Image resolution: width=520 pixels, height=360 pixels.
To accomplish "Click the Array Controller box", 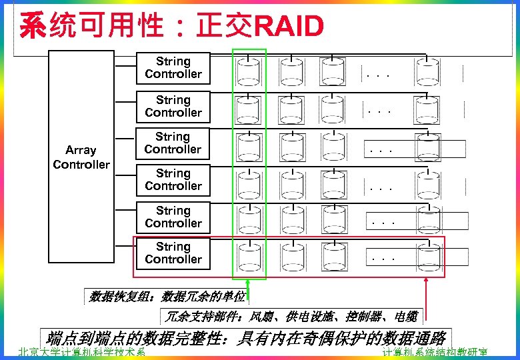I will click(x=81, y=157).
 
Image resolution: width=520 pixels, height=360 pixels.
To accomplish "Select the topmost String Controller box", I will click(x=173, y=68).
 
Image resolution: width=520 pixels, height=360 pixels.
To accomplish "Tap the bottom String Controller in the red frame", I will click(x=173, y=253).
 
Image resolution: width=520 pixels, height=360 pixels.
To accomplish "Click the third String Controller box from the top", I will click(x=173, y=143).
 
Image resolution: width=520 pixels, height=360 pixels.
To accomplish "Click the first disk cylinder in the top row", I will click(x=249, y=70).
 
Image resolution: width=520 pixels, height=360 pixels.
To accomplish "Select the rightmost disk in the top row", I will click(x=427, y=70).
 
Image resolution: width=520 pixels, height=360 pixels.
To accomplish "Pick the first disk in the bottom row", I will click(x=249, y=255).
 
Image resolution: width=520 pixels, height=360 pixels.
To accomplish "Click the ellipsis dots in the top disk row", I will click(x=378, y=75).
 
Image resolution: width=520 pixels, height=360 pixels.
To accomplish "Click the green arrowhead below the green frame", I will click(x=248, y=283).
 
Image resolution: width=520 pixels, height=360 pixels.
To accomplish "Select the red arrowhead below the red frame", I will click(x=425, y=283).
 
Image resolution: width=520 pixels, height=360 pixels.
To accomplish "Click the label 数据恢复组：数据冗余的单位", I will click(x=167, y=297).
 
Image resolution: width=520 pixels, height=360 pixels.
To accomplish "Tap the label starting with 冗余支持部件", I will click(x=291, y=316).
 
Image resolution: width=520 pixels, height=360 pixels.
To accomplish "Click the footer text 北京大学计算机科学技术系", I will click(x=81, y=353).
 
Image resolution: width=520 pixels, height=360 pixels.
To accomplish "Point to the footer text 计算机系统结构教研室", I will click(x=435, y=353).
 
